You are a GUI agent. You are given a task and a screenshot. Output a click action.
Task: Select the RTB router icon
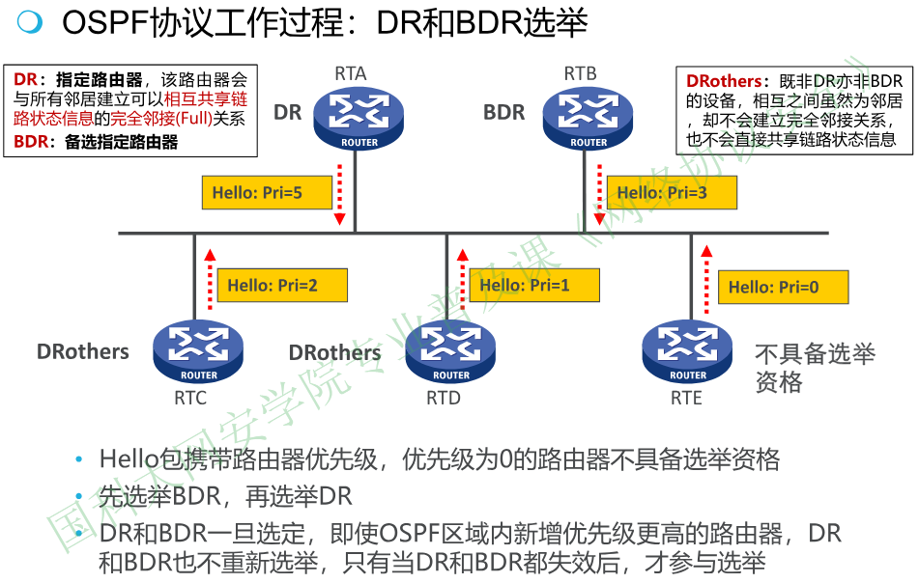[588, 117]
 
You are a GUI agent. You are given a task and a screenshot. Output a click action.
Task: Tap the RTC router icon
[198, 352]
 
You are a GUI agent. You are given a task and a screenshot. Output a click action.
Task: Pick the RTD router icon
[450, 352]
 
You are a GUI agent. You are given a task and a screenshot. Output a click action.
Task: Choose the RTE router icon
[687, 352]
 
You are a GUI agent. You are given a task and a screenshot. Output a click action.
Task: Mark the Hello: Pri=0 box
[783, 287]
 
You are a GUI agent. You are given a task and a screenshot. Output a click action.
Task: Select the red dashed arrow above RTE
[705, 280]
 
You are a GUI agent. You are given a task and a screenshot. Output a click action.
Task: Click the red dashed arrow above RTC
[208, 280]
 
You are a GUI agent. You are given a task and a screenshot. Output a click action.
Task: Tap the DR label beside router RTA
[288, 112]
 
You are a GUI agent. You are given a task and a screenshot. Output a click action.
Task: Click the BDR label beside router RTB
[503, 112]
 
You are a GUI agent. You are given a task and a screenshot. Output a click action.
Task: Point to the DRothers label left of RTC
[83, 351]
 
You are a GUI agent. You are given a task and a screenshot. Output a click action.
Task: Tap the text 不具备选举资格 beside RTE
[814, 368]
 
